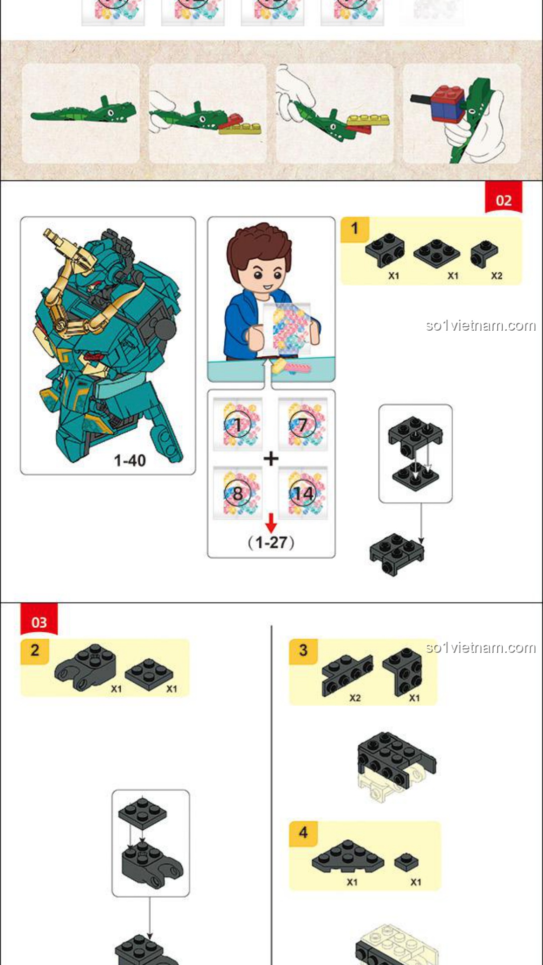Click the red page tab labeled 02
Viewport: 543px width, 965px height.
(503, 198)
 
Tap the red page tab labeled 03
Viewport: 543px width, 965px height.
(39, 620)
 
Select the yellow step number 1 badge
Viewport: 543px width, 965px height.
(355, 229)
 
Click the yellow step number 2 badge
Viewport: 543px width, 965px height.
(35, 651)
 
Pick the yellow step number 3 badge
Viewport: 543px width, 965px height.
(303, 651)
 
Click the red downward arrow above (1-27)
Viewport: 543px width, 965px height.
(271, 523)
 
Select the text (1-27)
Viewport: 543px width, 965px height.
(271, 543)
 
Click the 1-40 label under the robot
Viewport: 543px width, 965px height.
(130, 460)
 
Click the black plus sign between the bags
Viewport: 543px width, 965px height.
(271, 458)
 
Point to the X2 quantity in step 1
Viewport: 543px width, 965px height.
(497, 276)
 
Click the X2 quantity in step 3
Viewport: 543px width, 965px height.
(355, 698)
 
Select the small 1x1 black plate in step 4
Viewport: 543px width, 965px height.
(406, 862)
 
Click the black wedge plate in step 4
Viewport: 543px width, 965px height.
(347, 856)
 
